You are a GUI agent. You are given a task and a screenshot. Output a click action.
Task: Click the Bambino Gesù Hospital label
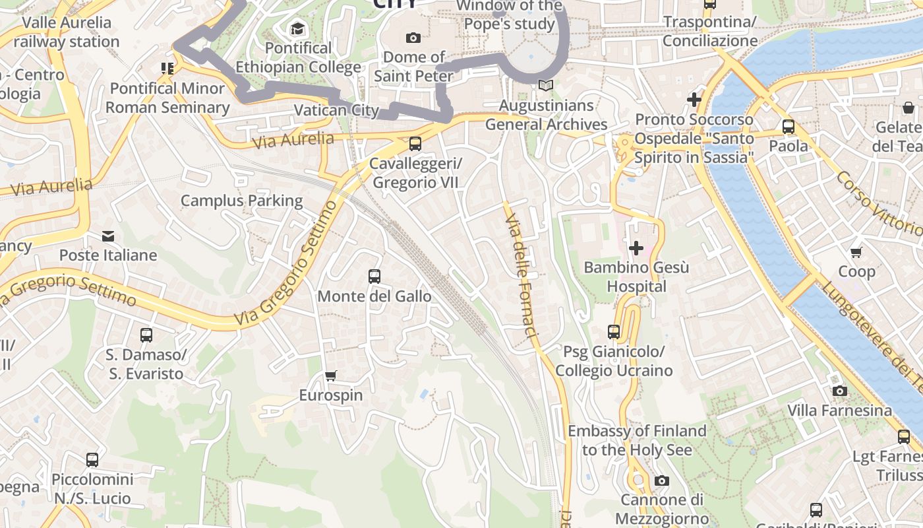click(x=636, y=277)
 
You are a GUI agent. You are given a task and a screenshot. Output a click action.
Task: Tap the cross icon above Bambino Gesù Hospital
click(x=636, y=248)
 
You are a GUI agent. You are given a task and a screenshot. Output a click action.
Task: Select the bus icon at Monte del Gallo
click(x=374, y=276)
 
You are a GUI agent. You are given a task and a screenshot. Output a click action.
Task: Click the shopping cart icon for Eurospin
click(x=331, y=376)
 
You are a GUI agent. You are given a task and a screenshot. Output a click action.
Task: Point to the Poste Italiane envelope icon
click(x=108, y=236)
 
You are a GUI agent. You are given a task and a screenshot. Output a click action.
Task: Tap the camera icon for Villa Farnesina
click(x=839, y=391)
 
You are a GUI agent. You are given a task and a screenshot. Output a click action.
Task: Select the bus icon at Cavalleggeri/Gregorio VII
click(x=415, y=143)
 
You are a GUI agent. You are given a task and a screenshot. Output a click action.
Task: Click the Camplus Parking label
click(x=241, y=201)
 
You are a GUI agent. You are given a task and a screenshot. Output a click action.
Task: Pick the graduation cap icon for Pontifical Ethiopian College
click(x=298, y=28)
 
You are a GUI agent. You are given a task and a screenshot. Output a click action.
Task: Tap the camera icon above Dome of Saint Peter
click(x=413, y=38)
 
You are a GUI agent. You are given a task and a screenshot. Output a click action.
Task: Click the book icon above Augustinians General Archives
click(x=545, y=85)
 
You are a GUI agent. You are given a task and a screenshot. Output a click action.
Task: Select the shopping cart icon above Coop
click(x=856, y=251)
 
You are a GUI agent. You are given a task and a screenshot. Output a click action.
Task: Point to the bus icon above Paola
click(x=788, y=126)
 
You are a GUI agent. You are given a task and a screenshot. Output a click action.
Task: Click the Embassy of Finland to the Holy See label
click(x=637, y=440)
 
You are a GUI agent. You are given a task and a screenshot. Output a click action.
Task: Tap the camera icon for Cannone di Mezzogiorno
click(x=662, y=480)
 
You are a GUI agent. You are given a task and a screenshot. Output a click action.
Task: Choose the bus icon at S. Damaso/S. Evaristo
click(x=146, y=335)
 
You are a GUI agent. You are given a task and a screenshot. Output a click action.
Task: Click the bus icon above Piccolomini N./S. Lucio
click(x=92, y=459)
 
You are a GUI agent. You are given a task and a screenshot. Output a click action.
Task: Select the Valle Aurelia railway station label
click(x=67, y=32)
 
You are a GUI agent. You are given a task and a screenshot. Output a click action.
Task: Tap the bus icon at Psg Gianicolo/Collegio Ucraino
click(x=614, y=331)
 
